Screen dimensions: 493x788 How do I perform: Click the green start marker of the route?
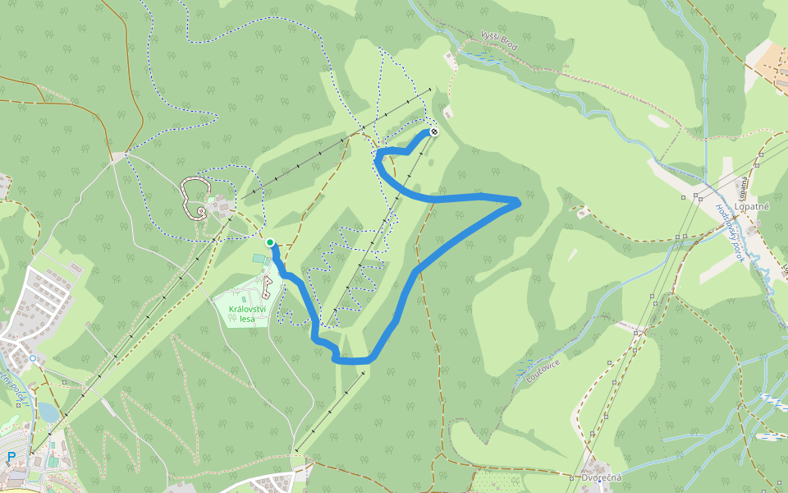point(269,242)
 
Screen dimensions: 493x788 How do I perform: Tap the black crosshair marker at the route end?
point(434,131)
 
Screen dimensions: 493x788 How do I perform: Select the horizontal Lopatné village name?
point(752,208)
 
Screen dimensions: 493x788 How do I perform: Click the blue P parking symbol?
point(11,458)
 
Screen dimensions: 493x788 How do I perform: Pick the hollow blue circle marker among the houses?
point(32,358)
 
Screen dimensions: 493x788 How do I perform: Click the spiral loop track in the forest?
point(193,198)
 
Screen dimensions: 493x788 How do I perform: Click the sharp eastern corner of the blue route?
point(518,200)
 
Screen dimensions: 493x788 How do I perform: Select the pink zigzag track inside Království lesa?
point(267,287)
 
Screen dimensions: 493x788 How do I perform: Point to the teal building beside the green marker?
point(260,259)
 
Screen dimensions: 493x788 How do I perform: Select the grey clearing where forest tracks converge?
point(120,155)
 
